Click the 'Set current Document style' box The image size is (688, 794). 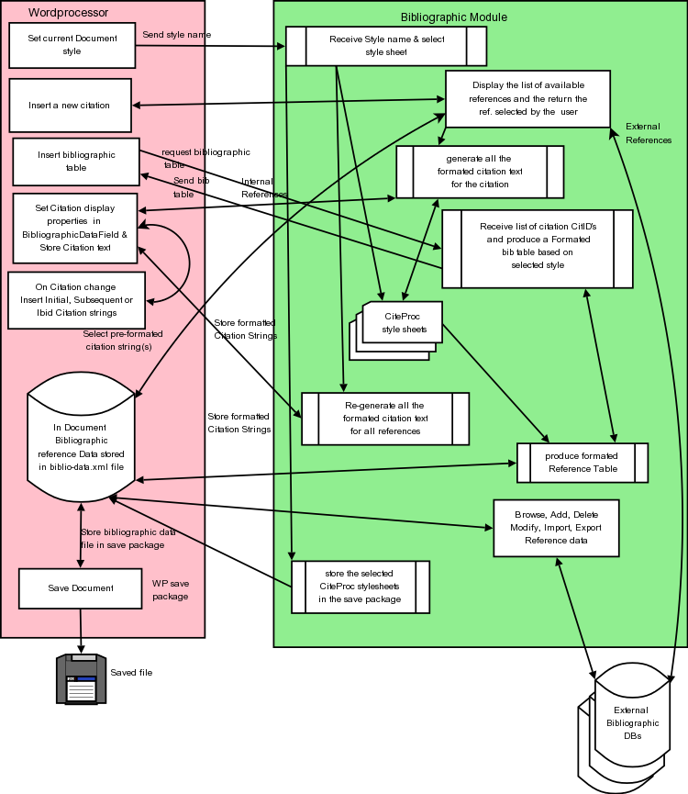point(72,45)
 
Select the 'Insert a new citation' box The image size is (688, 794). point(69,106)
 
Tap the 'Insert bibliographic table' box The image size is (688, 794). point(76,161)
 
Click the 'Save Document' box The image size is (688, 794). point(80,588)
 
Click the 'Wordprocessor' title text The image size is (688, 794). point(69,13)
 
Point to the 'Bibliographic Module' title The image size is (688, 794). point(454,17)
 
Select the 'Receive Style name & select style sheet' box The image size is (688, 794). point(385,46)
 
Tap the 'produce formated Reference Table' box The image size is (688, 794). point(583,463)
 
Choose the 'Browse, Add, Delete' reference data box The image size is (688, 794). point(556,528)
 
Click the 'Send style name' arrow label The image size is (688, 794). point(176,35)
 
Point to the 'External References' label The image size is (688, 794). point(648,133)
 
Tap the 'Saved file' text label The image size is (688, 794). point(131,673)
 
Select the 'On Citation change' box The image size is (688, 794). point(76,300)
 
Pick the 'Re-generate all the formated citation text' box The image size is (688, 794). point(385,419)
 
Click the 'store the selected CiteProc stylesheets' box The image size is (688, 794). point(361,587)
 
